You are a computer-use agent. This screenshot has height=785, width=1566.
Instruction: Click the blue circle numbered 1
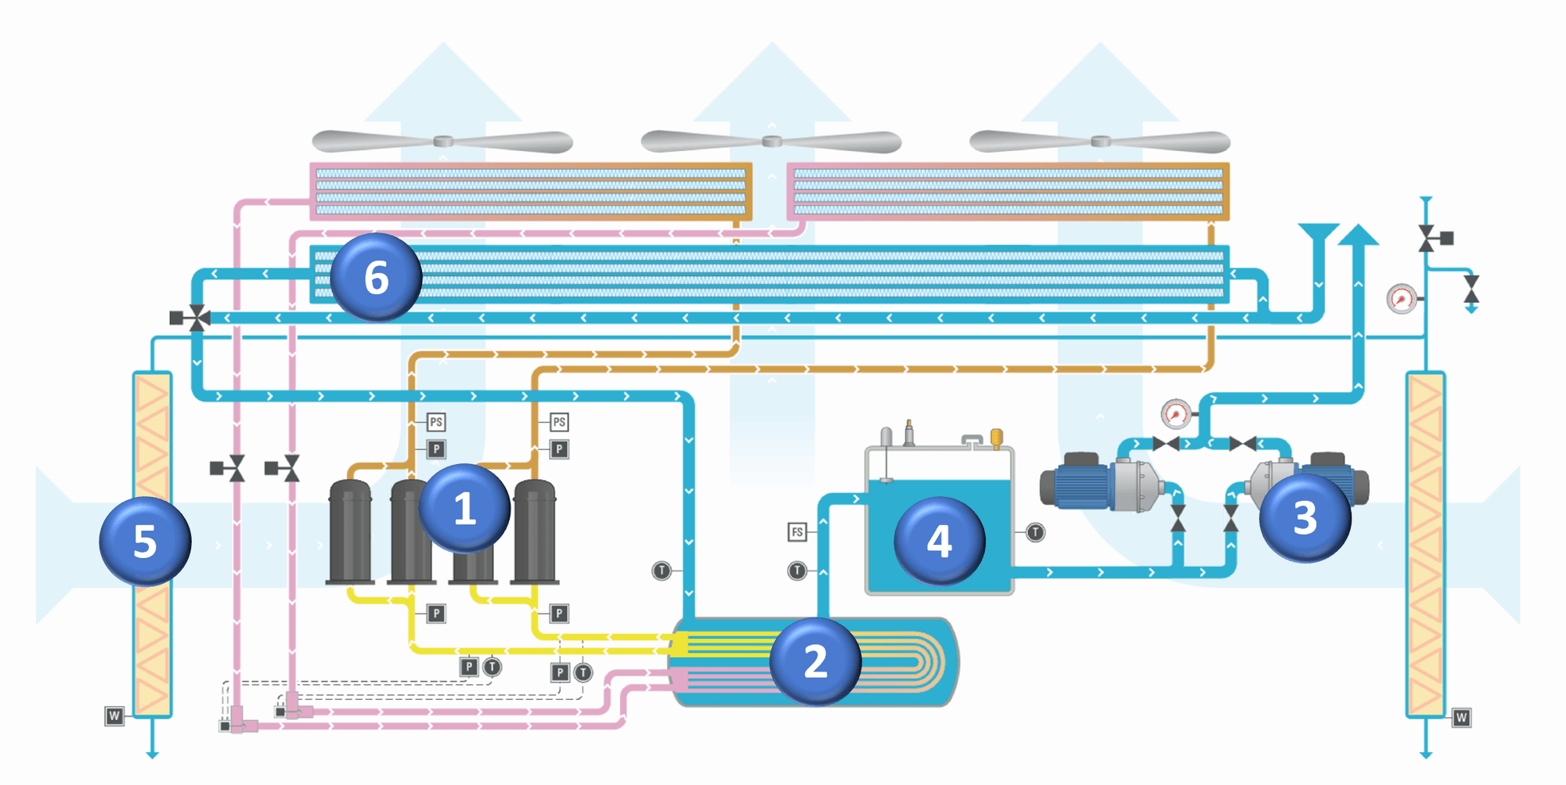click(x=464, y=509)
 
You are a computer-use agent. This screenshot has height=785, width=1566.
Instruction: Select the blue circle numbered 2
click(x=815, y=661)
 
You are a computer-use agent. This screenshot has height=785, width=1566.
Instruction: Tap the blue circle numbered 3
click(x=1304, y=517)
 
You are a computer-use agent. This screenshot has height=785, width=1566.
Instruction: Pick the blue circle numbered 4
click(x=940, y=541)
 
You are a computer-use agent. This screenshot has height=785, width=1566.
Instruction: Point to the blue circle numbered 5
click(x=145, y=541)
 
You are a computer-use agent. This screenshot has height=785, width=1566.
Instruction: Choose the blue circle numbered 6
click(x=376, y=277)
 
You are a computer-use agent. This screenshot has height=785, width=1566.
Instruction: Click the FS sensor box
click(x=797, y=532)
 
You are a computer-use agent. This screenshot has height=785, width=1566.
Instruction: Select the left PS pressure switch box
click(x=436, y=423)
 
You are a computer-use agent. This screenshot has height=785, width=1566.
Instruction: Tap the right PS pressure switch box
click(x=559, y=423)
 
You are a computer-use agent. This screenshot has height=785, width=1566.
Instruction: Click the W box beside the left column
click(x=114, y=715)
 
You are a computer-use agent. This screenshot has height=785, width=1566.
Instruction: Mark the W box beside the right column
click(x=1461, y=718)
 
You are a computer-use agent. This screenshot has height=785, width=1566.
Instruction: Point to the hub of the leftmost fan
click(x=443, y=142)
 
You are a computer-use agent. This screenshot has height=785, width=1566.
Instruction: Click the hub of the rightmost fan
click(x=1101, y=142)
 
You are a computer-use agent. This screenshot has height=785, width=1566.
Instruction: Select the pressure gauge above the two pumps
click(x=1175, y=414)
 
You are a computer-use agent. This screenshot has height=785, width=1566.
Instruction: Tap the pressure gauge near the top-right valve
click(x=1402, y=299)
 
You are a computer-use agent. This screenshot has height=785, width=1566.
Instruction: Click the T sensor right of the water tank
click(x=1035, y=533)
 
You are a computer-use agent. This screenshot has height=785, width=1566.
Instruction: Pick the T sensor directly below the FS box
click(x=797, y=571)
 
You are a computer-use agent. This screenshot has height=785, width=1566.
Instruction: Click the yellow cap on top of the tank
click(x=997, y=436)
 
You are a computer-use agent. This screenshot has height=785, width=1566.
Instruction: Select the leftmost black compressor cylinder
click(x=350, y=532)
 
